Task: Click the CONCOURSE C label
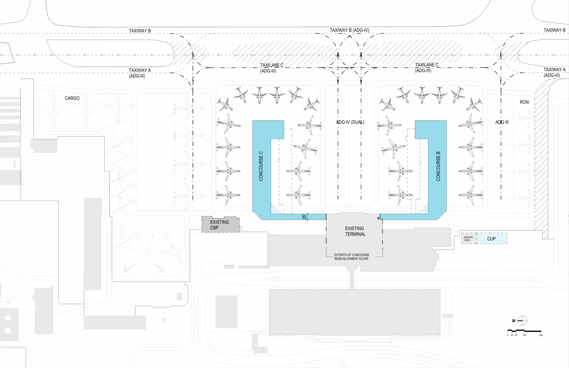[x=261, y=166]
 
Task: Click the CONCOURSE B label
[x=438, y=166]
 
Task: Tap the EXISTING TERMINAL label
[x=355, y=231]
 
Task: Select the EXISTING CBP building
[x=220, y=225]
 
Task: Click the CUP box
[x=491, y=239]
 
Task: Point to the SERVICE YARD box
[x=468, y=239]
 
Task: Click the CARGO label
[x=72, y=98]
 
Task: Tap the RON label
[x=524, y=102]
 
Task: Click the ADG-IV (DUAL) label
[x=350, y=122]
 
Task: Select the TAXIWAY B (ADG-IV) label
[x=349, y=30]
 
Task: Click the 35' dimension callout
[x=304, y=217]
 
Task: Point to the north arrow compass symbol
[x=522, y=320]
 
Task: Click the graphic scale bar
[x=525, y=332]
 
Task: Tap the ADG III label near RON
[x=502, y=122]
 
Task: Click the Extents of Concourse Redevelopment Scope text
[x=351, y=257]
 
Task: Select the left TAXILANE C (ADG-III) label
[x=271, y=68]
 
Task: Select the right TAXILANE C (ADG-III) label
[x=426, y=68]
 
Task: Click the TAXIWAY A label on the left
[x=139, y=73]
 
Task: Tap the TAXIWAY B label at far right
[x=554, y=30]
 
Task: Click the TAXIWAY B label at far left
[x=140, y=31]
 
